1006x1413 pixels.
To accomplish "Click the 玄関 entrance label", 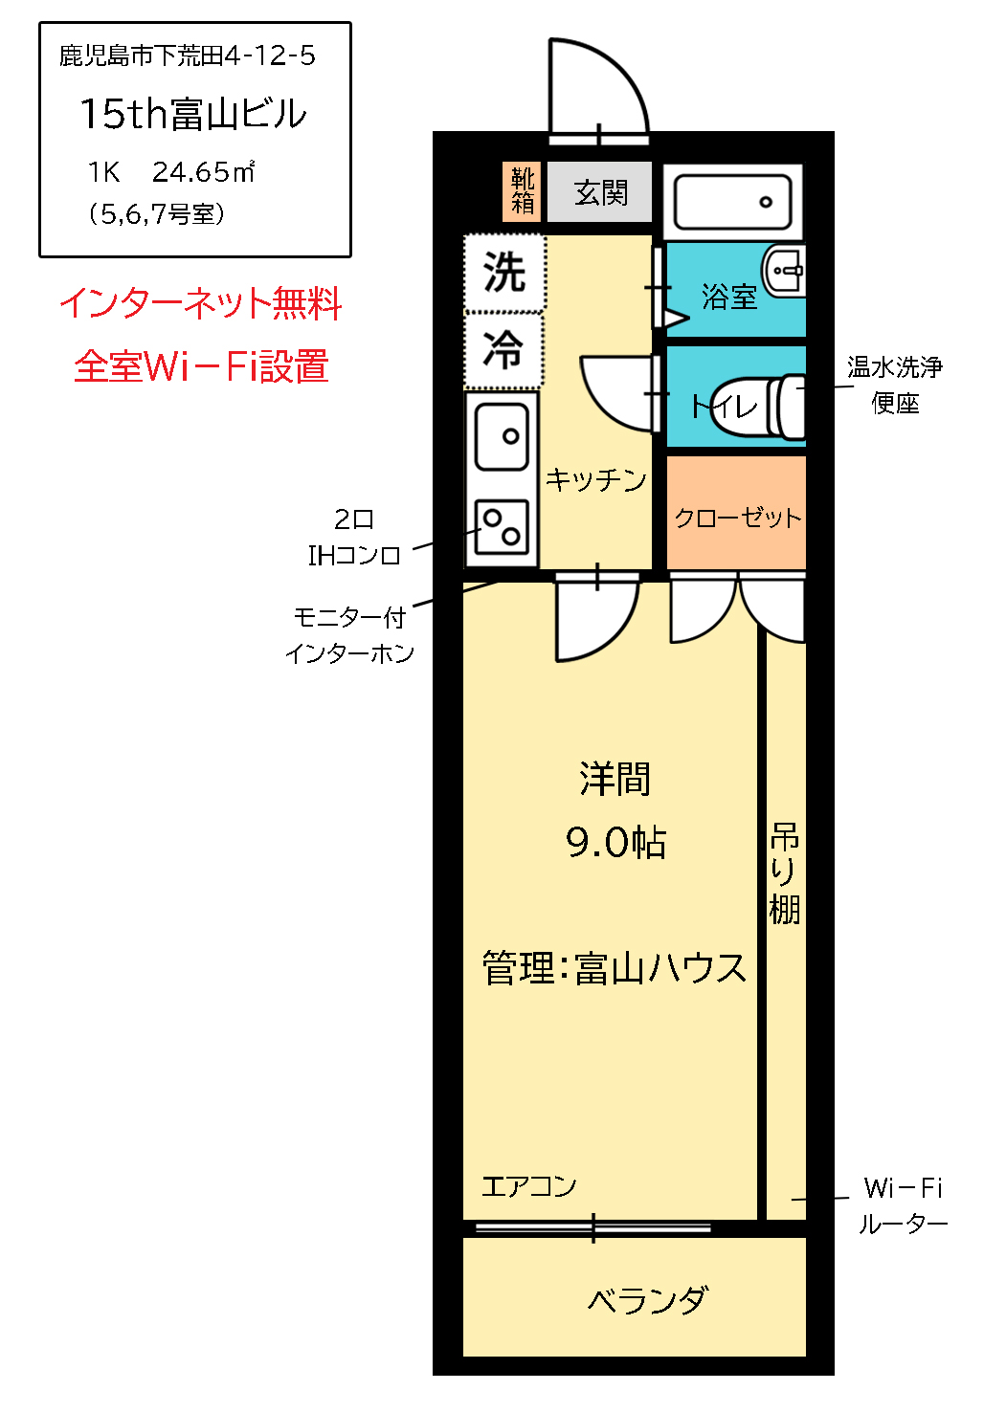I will coord(600,193).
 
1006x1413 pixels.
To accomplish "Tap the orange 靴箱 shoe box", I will coord(522,191).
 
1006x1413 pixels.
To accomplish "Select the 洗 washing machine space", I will coord(503,273).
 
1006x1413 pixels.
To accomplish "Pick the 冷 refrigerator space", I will coord(503,349).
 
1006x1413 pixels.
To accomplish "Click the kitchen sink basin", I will coord(503,436).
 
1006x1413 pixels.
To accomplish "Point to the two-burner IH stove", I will coord(503,526).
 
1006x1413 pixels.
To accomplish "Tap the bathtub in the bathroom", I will coord(732,202).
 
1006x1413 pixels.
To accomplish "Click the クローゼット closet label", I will coord(737,518).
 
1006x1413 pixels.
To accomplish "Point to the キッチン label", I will coord(595,479).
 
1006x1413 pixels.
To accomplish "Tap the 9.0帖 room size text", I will coord(615,842).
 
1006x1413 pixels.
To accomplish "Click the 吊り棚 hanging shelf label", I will coord(784,872).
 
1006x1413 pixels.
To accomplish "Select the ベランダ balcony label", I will coord(647,1300).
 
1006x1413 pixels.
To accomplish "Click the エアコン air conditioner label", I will coord(528,1186).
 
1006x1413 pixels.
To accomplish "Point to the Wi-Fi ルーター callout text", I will coord(902,1205).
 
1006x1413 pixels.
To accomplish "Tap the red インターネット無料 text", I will coord(200,303).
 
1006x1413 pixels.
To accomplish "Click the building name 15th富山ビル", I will coord(192,114).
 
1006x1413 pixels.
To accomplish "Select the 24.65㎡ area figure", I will coord(203,172).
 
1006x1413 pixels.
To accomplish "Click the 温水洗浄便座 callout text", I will coord(894,385).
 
